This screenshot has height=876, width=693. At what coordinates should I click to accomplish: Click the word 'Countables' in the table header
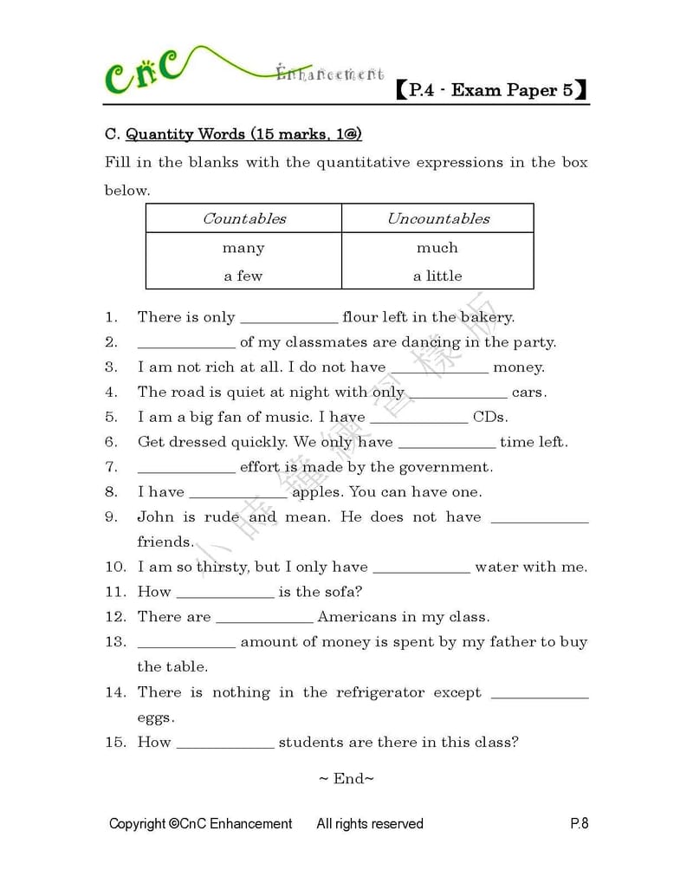(243, 218)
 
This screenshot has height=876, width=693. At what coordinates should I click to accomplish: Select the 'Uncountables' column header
(437, 218)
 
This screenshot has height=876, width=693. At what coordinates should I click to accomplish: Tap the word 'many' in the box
(243, 248)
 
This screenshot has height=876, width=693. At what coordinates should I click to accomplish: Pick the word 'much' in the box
(437, 248)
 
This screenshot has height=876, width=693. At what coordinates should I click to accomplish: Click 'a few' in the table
(243, 276)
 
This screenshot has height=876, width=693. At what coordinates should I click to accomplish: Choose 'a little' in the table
(437, 276)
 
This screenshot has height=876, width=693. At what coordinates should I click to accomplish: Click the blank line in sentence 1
(288, 319)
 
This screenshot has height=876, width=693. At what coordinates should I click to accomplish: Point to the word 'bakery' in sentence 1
(487, 317)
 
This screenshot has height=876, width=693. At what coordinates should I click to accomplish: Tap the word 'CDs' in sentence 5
(489, 417)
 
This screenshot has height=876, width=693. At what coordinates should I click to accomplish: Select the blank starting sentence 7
(186, 470)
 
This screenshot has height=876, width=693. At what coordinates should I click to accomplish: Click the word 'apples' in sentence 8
(318, 492)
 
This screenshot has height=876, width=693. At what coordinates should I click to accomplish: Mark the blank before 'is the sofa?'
(225, 594)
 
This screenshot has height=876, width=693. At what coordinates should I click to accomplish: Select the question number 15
(115, 742)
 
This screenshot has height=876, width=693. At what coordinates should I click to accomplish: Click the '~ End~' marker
(346, 778)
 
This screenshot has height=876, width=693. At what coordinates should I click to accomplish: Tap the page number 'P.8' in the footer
(579, 823)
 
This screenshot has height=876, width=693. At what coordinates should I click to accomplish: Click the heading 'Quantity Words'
(186, 134)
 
